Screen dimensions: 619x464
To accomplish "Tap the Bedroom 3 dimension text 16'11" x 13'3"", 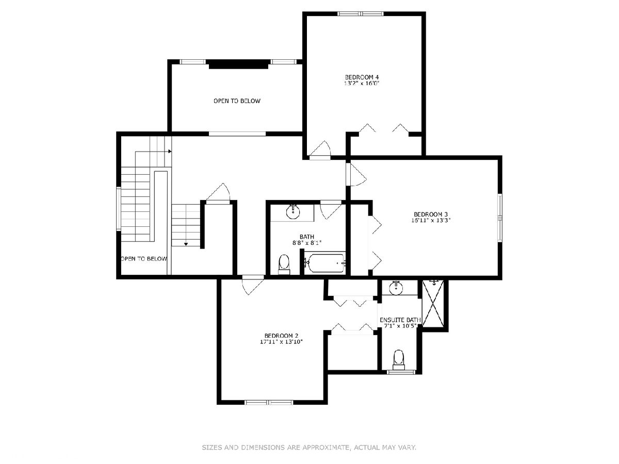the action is click(431, 220).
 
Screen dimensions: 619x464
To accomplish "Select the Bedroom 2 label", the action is click(281, 336).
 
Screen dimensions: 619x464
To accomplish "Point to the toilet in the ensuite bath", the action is click(398, 360).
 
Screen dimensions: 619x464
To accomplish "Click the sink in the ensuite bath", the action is click(397, 288).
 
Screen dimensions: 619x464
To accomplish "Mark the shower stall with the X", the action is click(433, 303).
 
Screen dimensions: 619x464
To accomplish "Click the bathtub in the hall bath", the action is click(327, 263).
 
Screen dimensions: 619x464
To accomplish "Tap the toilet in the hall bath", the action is click(284, 264).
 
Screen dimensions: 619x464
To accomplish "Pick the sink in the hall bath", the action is click(293, 211).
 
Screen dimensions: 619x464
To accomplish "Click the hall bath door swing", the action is click(331, 210).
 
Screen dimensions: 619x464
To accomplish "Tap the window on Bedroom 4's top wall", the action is click(361, 13).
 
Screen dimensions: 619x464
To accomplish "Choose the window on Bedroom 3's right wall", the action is click(500, 218).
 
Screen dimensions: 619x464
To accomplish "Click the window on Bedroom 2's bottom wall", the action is click(269, 402).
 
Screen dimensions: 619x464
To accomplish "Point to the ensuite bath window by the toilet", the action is click(401, 372).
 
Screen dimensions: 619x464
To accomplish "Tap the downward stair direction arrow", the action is click(186, 244).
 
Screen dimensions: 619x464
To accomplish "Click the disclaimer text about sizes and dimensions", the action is click(309, 447).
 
